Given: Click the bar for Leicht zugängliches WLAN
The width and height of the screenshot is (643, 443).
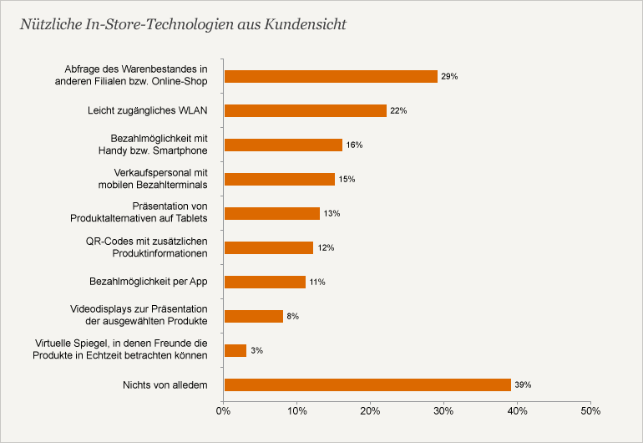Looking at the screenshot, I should click(x=306, y=110).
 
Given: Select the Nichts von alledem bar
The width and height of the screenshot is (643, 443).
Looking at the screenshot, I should click(x=367, y=384).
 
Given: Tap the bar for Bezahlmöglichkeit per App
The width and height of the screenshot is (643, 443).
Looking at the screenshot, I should click(x=266, y=282).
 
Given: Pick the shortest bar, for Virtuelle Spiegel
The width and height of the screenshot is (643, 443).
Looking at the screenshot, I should click(x=235, y=350).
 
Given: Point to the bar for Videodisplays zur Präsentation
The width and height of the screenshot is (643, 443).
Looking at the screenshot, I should click(x=254, y=316).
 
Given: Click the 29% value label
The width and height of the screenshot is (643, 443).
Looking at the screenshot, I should click(x=450, y=76).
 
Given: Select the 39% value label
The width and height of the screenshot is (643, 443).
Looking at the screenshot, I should click(x=524, y=384).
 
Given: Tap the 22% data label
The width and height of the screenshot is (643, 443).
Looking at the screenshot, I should click(x=398, y=110).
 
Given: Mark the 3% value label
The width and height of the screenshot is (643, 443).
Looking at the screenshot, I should click(x=256, y=350).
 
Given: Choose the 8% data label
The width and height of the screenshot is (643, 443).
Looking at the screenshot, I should click(x=293, y=316).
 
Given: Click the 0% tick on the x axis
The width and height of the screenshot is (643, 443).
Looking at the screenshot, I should click(x=223, y=411).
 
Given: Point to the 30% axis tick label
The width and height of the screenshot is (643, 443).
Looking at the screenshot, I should click(x=443, y=411).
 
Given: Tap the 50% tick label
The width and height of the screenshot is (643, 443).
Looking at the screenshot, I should click(x=590, y=411).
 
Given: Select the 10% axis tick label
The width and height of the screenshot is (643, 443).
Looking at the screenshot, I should click(x=296, y=411).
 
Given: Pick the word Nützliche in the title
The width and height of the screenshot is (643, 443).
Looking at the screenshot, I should click(x=50, y=23).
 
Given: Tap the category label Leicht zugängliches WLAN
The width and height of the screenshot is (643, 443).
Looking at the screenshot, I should click(x=148, y=110).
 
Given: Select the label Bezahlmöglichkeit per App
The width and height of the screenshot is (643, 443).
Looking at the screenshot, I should click(x=148, y=282).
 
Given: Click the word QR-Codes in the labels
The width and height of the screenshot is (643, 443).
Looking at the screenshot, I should click(x=109, y=241).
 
